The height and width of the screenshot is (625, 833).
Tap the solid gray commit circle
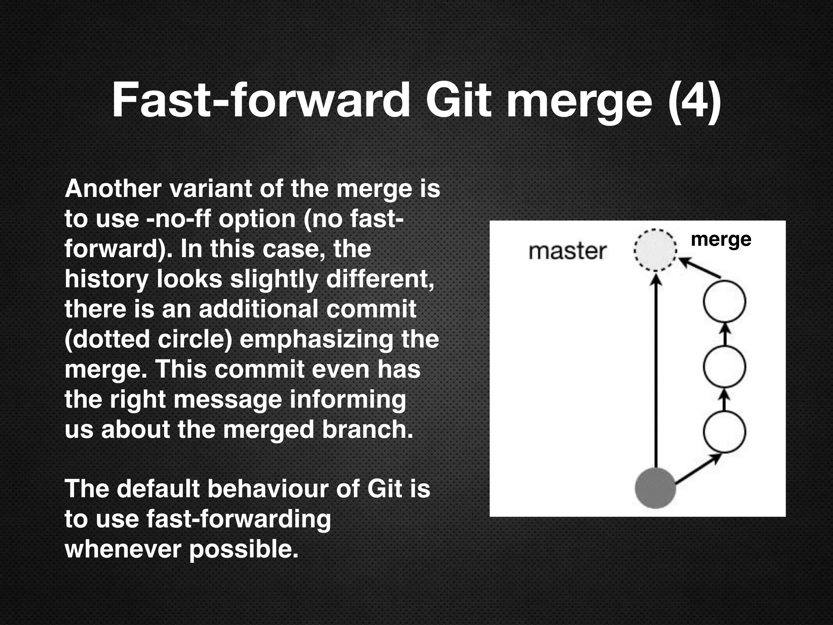point(655,488)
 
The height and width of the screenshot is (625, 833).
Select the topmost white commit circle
point(724,302)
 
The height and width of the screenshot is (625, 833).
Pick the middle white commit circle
point(724,367)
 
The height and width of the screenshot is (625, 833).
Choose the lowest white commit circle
point(724,431)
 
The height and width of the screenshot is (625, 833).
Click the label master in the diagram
point(567,251)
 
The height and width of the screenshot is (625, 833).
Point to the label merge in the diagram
point(721,239)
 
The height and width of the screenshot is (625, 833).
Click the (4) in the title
point(695,100)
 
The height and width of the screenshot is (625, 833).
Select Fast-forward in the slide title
point(261,100)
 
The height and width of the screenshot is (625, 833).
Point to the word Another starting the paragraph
point(113,189)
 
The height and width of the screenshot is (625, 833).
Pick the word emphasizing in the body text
point(316,339)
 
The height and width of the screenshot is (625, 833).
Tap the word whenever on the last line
point(123,549)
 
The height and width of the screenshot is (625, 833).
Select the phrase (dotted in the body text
point(107,339)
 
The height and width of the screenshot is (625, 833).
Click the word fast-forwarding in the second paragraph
point(238,519)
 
